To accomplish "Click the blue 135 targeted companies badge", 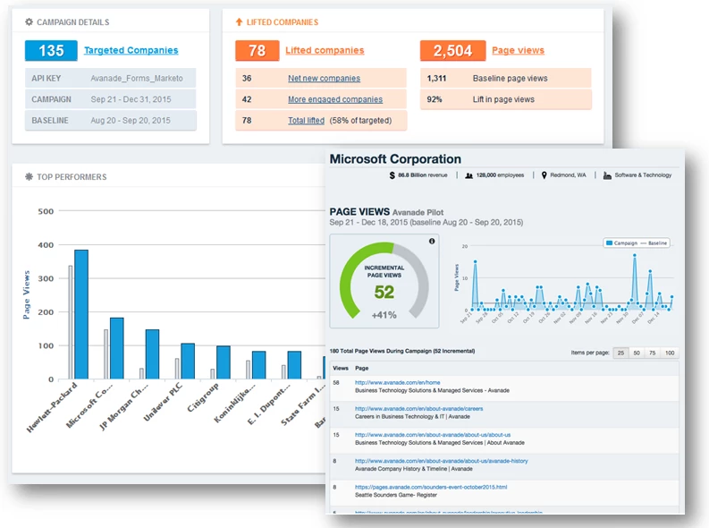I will [51, 51].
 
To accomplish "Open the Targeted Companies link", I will [131, 51].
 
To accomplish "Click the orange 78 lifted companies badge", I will [257, 51].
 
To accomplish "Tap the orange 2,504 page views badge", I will [452, 51].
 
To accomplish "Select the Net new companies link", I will [323, 79].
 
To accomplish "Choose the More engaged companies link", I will [334, 99].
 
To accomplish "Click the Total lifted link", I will [306, 120].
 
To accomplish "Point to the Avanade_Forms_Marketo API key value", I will [137, 79].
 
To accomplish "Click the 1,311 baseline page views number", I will [437, 79].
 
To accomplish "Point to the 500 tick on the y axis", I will [46, 212].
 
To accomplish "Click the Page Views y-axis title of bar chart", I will [27, 294].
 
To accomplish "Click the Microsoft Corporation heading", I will [395, 159].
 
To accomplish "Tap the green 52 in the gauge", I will [384, 292].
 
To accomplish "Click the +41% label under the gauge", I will [384, 314].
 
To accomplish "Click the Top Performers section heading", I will [71, 177].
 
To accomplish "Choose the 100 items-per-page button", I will [670, 353].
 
